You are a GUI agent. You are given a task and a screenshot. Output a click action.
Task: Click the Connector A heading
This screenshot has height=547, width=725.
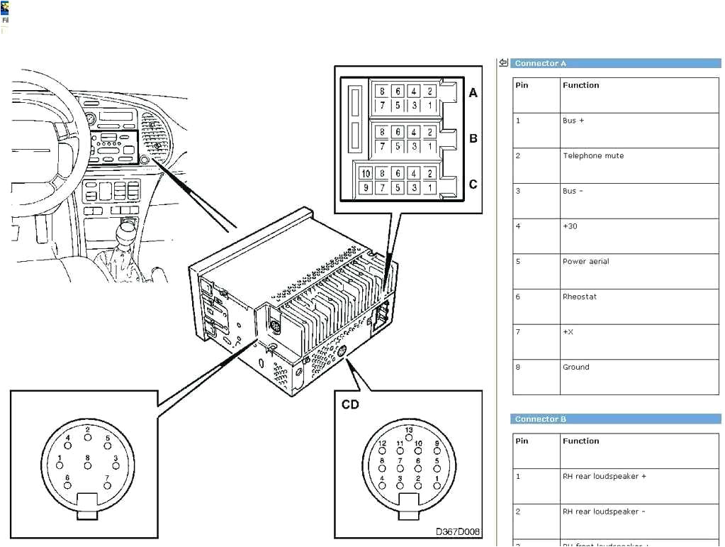540,63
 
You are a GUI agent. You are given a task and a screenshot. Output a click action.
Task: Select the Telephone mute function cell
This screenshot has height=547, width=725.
593,156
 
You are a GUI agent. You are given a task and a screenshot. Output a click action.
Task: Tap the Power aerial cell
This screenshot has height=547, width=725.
585,262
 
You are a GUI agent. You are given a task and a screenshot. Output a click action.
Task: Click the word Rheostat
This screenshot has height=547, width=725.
579,297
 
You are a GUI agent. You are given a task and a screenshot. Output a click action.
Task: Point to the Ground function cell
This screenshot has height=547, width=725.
575,368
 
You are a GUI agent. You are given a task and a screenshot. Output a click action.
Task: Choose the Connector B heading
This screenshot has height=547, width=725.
540,419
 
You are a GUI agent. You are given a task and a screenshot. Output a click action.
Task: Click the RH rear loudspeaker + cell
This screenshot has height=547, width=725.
604,477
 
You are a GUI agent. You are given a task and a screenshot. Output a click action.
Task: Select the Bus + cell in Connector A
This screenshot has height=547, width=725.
573,121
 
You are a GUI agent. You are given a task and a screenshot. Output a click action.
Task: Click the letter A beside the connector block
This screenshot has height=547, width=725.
473,93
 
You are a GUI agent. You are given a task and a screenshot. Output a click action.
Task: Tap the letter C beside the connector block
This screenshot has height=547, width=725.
473,184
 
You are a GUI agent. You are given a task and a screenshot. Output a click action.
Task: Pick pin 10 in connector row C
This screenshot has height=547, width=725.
366,174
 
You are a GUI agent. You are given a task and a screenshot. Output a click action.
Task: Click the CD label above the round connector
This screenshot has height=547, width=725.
350,404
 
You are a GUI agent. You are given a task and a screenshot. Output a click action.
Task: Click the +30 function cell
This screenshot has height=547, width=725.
570,226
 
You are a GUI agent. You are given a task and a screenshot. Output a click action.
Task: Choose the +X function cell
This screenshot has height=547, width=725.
568,332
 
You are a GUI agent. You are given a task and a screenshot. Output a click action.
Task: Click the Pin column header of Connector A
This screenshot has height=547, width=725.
522,85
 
